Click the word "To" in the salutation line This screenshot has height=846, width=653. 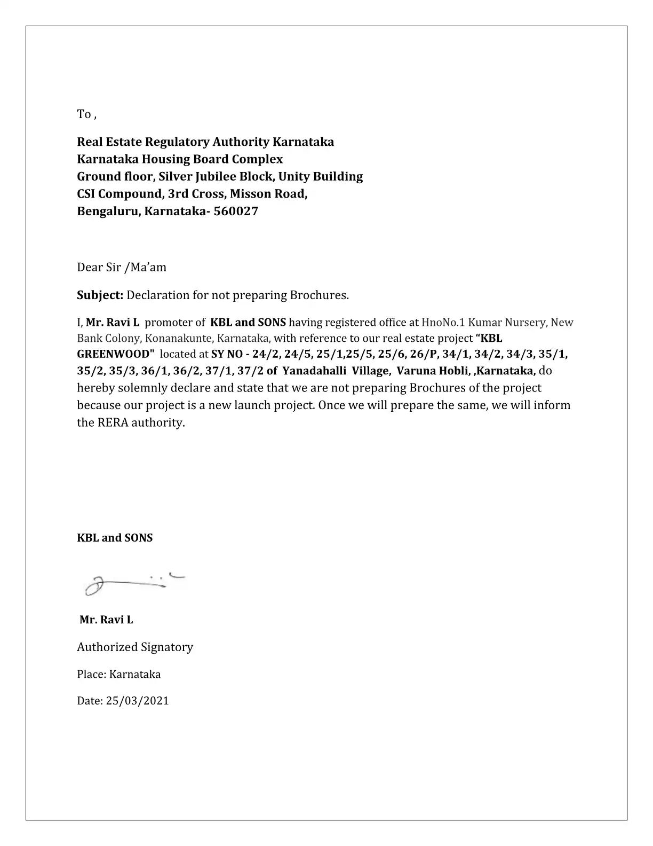pos(84,114)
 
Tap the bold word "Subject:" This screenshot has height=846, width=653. pos(100,295)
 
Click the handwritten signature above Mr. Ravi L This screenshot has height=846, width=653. pos(133,583)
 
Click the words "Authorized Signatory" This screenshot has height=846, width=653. pos(135,647)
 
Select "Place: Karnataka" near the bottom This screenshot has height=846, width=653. pos(118,674)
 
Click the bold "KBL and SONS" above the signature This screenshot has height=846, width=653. pos(115,538)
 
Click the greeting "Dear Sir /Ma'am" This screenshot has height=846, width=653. pos(122,267)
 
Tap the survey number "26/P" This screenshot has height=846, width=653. pos(424,354)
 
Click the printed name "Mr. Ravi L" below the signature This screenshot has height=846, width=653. pos(106,620)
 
